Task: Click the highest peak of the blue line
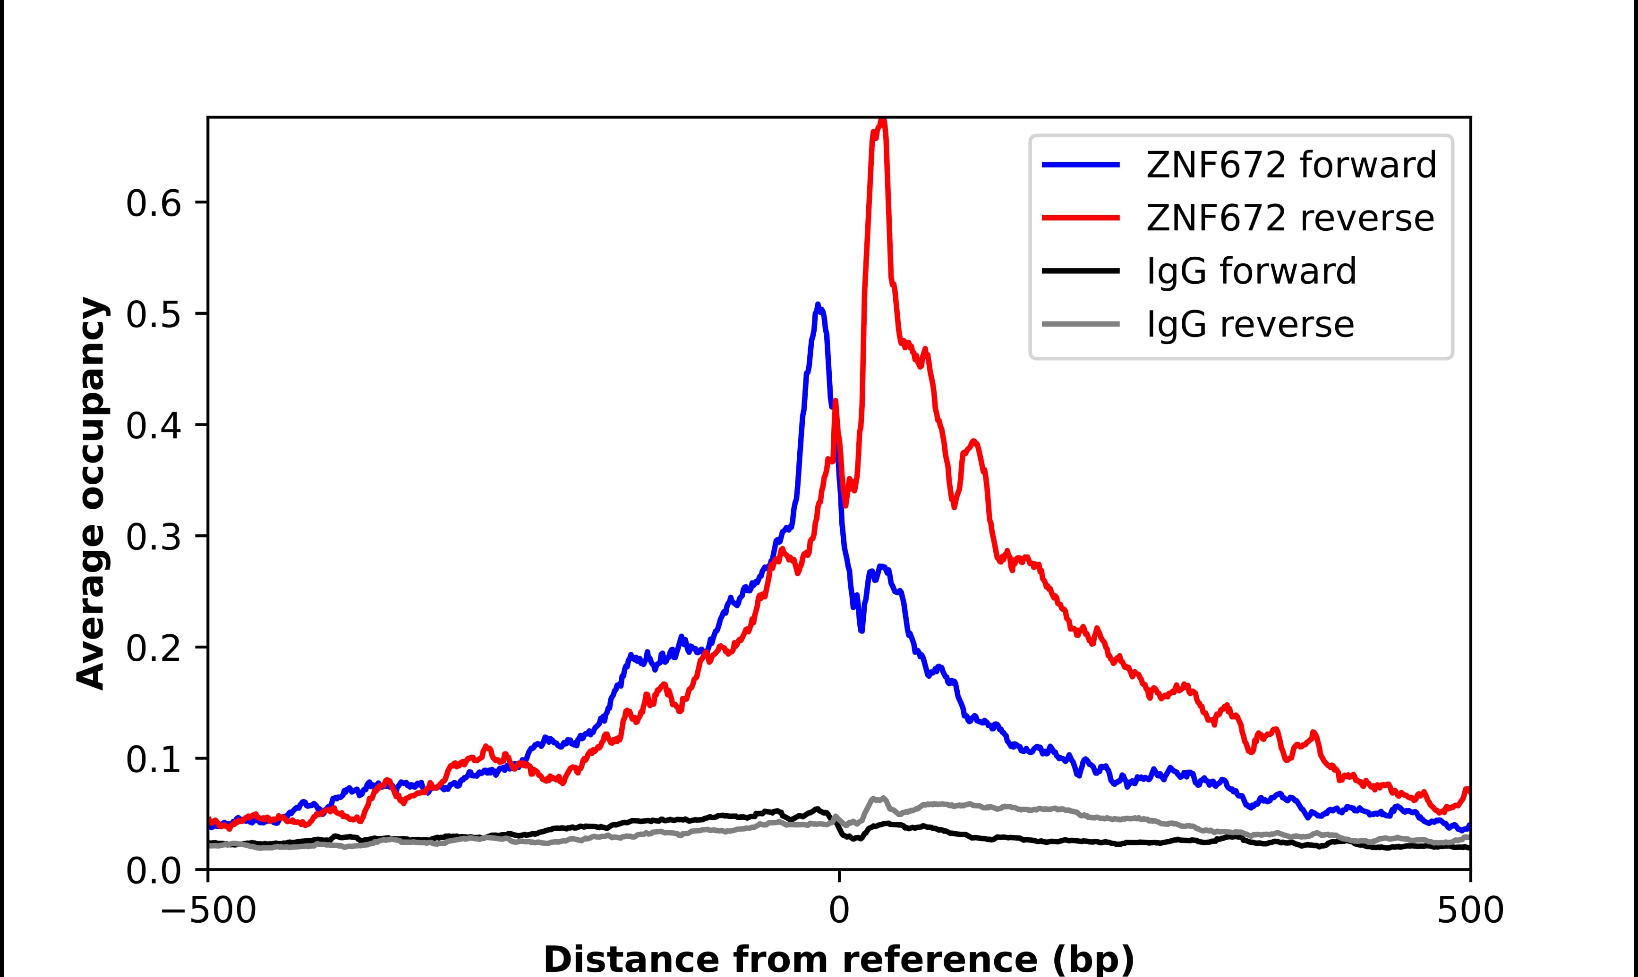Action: click(x=818, y=305)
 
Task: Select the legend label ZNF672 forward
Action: click(x=1291, y=165)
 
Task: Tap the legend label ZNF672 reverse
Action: click(x=1289, y=218)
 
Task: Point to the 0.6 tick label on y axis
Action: click(x=153, y=204)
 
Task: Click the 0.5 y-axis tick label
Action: click(x=153, y=315)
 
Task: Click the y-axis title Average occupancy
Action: click(x=91, y=494)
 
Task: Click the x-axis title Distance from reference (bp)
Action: click(x=838, y=959)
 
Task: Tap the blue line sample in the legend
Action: click(x=1080, y=165)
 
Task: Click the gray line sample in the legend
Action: click(x=1080, y=324)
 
